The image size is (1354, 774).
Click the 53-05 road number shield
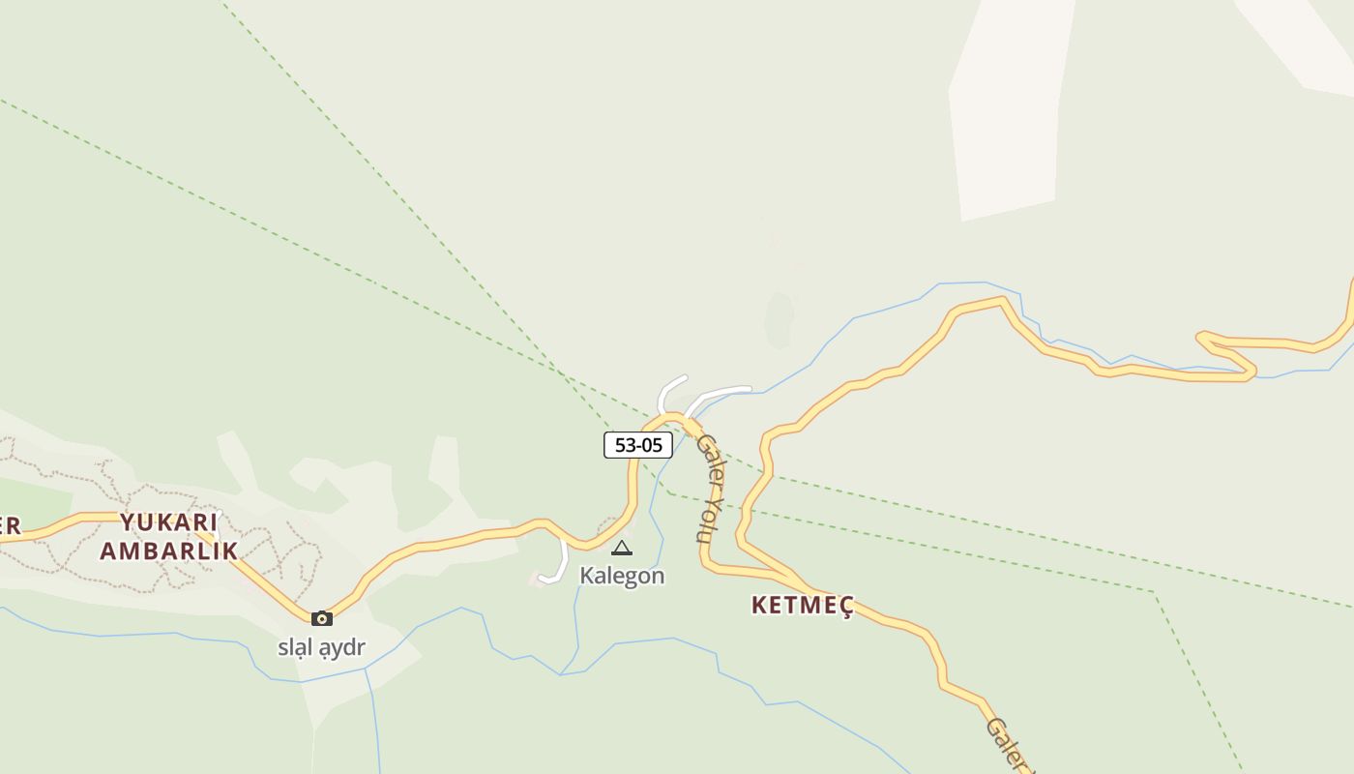click(x=638, y=445)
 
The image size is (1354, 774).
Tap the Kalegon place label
click(x=622, y=576)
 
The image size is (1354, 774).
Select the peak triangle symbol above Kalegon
click(x=622, y=549)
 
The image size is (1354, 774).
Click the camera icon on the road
click(x=322, y=619)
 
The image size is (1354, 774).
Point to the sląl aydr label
click(x=321, y=647)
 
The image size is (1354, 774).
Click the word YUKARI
click(x=169, y=522)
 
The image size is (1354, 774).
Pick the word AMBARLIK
click(x=169, y=551)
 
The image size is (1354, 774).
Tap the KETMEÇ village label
click(x=803, y=606)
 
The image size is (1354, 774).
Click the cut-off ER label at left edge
click(x=10, y=527)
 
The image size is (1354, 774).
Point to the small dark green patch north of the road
click(x=779, y=319)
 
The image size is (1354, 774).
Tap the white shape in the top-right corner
click(x=1301, y=39)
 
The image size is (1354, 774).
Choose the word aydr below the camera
click(x=342, y=647)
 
